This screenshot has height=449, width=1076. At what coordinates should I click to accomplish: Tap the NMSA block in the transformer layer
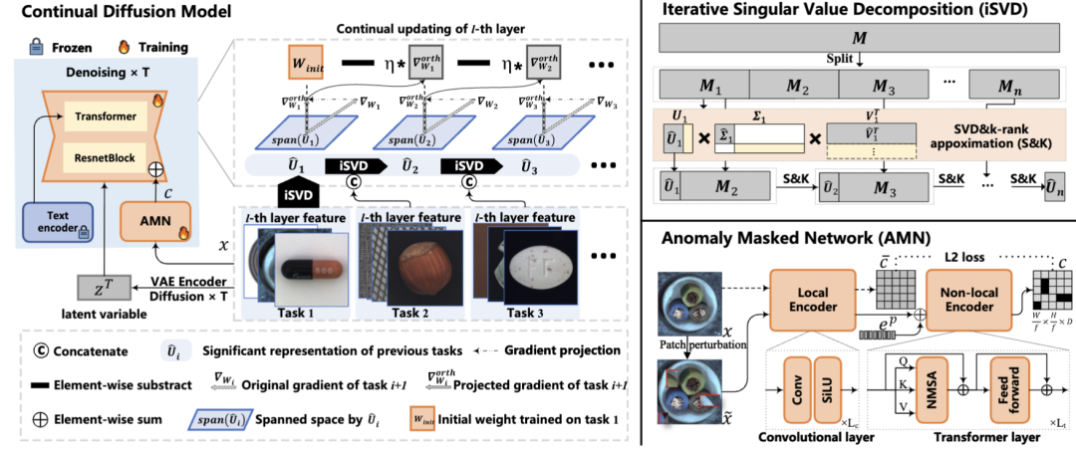pos(936,379)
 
